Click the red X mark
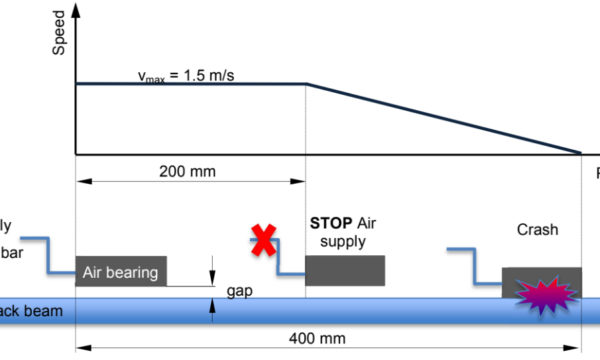(263, 241)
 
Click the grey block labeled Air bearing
(121, 270)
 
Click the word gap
(237, 290)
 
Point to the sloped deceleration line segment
(440, 118)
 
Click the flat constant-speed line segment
(190, 84)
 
